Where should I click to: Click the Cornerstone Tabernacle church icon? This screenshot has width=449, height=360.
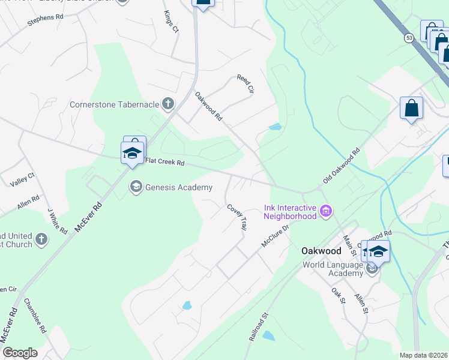point(167,104)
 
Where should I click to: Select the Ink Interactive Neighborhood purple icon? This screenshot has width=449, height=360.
point(326,211)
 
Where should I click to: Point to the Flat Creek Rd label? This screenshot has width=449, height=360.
point(164,162)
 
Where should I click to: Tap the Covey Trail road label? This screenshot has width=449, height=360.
point(237,217)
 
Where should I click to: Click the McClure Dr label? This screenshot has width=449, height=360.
point(276,235)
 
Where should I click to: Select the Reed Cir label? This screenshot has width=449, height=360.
point(246,83)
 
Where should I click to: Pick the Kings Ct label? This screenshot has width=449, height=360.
point(172,20)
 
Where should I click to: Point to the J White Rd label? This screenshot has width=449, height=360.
point(57,220)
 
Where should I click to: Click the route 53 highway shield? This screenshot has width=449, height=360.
point(409,38)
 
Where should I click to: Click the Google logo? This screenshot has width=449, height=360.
point(19,353)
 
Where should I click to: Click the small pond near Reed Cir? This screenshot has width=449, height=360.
point(275,127)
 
